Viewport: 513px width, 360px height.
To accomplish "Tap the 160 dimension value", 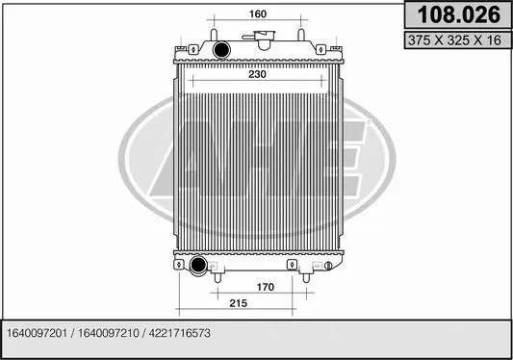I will click(x=257, y=14).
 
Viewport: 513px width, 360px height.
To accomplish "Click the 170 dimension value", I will click(x=265, y=287).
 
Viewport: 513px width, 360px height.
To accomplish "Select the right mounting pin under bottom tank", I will click(x=309, y=277).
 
